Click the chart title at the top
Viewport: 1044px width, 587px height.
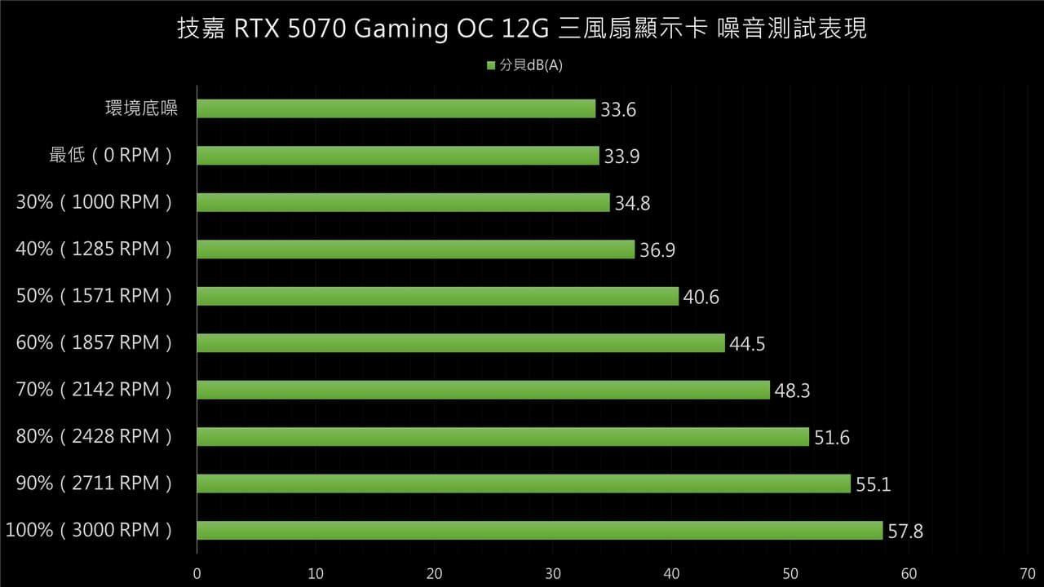point(522,29)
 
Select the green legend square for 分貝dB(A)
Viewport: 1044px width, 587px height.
point(491,66)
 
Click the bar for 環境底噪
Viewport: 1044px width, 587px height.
point(396,108)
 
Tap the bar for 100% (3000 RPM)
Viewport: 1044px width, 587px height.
point(540,531)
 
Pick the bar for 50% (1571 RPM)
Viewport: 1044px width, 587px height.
point(438,296)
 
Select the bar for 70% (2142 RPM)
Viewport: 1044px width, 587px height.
point(484,390)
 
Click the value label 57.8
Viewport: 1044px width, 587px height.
point(905,532)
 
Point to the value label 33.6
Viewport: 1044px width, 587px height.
point(618,110)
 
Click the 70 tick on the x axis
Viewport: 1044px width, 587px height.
point(1027,573)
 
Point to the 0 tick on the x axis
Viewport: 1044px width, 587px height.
point(197,573)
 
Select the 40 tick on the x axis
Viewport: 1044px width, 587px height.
point(672,573)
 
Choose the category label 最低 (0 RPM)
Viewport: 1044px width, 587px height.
point(111,155)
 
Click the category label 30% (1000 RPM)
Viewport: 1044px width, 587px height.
point(95,202)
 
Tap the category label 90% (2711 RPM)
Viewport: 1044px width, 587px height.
point(95,483)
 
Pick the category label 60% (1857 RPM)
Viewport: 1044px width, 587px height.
point(95,342)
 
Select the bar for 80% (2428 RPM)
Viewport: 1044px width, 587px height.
point(503,437)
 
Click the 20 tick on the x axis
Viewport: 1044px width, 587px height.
point(435,573)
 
